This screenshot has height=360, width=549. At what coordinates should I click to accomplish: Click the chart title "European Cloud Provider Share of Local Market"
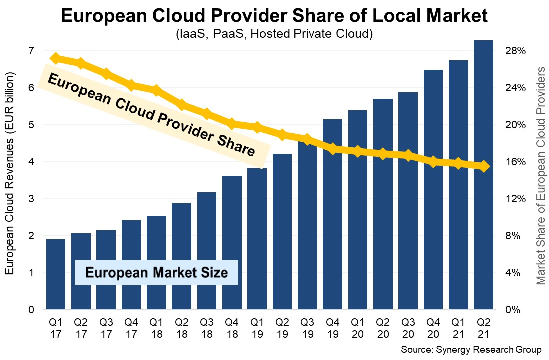pos(274,16)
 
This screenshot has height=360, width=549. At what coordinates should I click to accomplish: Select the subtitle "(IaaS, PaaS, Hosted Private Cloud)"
pos(274,35)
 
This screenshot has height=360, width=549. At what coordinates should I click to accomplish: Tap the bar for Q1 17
pos(56,274)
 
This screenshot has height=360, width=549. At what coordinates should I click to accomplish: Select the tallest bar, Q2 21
pos(483,175)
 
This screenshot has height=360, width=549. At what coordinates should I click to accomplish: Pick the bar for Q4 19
pos(332,215)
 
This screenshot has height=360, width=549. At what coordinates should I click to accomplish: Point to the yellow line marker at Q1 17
pos(56,58)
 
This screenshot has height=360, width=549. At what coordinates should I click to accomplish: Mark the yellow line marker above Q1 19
pos(257,127)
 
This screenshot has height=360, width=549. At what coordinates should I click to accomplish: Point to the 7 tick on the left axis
pos(30,51)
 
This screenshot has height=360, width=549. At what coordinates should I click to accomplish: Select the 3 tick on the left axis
pos(30,199)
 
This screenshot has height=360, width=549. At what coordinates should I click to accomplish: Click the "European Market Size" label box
pos(156,273)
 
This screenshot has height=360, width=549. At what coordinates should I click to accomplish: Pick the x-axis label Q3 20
pos(408,327)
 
